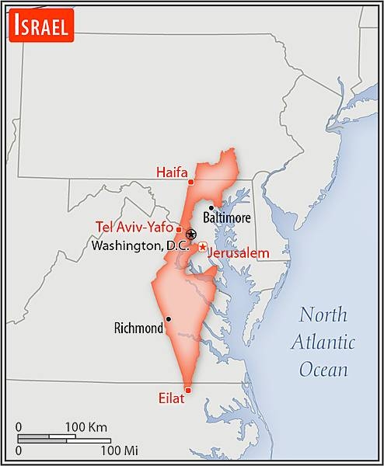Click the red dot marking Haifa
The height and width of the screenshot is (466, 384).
pos(191,181)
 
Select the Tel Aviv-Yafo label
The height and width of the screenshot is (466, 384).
pos(134,227)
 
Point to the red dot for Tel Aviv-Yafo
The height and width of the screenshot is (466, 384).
pos(179,229)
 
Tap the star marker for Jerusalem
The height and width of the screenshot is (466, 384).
pos(202,247)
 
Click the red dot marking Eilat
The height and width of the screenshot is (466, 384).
pos(187,390)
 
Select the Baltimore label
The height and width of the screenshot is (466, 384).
pos(227,218)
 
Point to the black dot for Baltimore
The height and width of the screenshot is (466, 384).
pos(211,207)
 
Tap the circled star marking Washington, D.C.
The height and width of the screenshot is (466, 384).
pos(191,234)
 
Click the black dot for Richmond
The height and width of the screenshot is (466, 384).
pos(168,318)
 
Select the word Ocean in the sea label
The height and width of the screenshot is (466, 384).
pos(324,369)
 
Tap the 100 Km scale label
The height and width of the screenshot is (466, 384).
pos(86,427)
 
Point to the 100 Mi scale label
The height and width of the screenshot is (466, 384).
pos(119,450)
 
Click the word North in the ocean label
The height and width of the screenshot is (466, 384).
pos(324,315)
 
